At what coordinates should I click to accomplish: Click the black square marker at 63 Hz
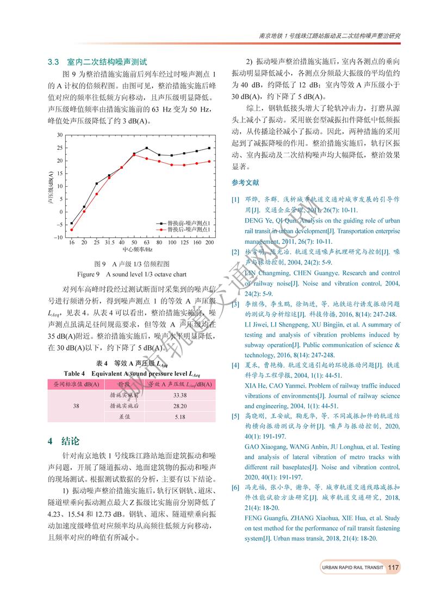(147, 148)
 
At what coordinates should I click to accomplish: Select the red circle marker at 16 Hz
(71, 230)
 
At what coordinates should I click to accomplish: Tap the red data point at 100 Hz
(172, 165)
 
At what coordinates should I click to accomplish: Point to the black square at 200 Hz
(209, 148)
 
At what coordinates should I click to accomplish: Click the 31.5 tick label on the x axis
(109, 242)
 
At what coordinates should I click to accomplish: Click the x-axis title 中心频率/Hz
(138, 250)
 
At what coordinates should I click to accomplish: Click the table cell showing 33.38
(180, 395)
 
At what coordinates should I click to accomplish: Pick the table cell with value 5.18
(180, 417)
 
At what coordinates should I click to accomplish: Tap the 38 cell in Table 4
(76, 406)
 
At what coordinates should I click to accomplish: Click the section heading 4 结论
(64, 441)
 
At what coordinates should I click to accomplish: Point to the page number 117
(394, 567)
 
